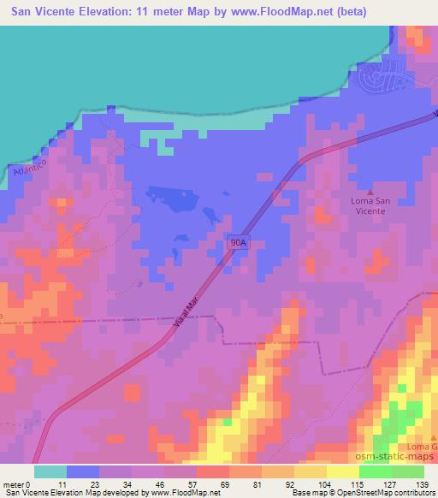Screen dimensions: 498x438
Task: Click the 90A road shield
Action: pyautogui.click(x=239, y=243)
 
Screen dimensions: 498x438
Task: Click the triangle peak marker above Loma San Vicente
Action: pyautogui.click(x=370, y=193)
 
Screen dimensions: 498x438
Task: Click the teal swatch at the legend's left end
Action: pyautogui.click(x=50, y=471)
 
